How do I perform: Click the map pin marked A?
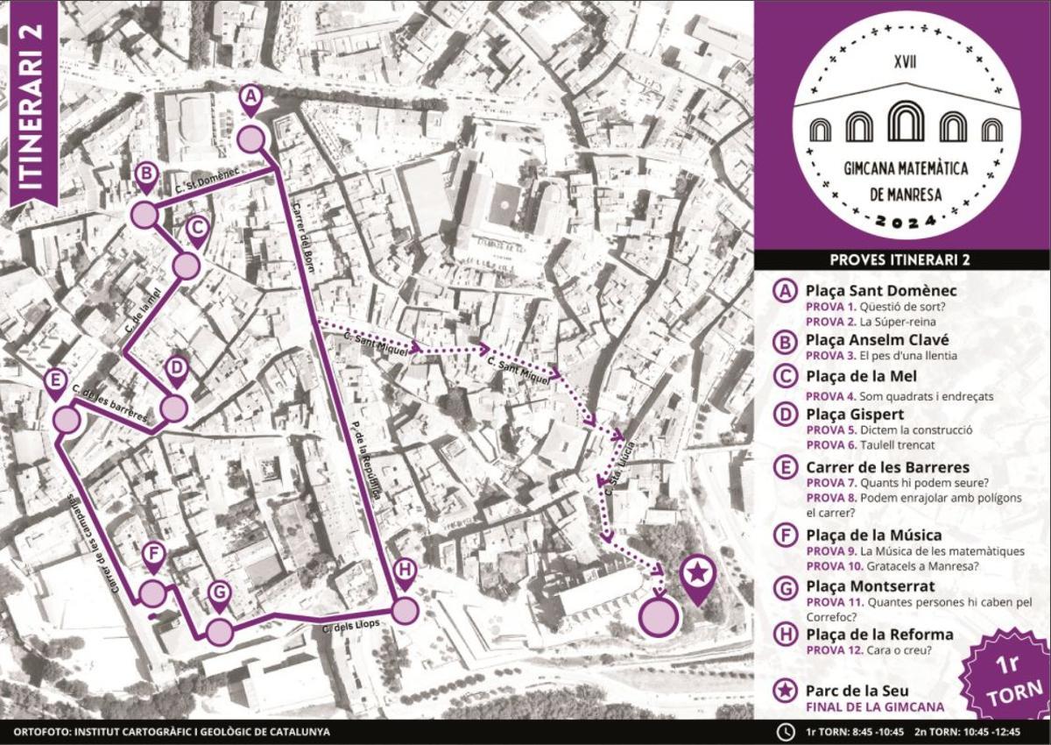click(250, 99)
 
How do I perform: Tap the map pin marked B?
click(145, 175)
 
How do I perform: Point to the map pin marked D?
click(176, 371)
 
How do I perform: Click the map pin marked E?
click(55, 382)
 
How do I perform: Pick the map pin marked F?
click(153, 557)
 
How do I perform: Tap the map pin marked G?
click(219, 594)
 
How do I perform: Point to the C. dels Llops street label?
click(342, 628)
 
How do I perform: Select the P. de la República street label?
click(365, 457)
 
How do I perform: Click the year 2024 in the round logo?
click(906, 224)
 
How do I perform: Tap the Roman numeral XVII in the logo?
click(906, 62)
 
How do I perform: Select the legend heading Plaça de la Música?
click(873, 535)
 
